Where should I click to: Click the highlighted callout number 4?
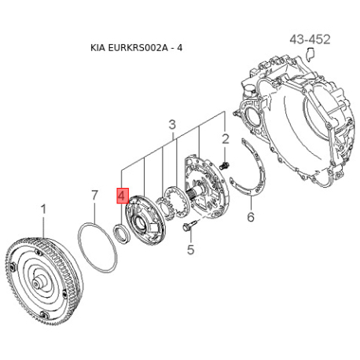[x=123, y=196]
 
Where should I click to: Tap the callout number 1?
[x=43, y=209]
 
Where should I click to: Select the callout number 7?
[x=94, y=195]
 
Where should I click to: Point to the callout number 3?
[x=172, y=125]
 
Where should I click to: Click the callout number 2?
[x=226, y=139]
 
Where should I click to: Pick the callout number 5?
[x=190, y=249]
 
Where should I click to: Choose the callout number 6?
[x=251, y=217]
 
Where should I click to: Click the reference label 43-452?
[x=310, y=39]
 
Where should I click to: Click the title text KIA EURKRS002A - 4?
[x=136, y=48]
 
